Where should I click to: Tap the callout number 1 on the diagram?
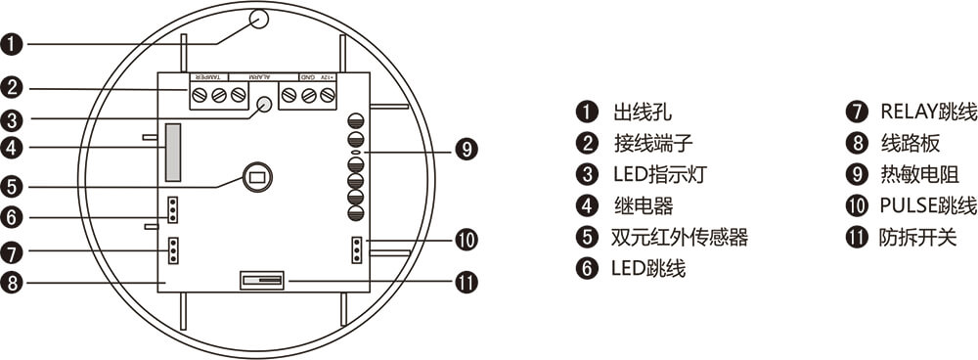tap(12, 44)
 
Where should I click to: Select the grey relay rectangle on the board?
tap(173, 153)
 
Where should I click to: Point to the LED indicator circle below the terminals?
tap(265, 105)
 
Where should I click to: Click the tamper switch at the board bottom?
tap(261, 281)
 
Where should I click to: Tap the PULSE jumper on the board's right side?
tap(356, 249)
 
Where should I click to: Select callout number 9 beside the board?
tap(467, 150)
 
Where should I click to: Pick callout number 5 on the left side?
tap(12, 185)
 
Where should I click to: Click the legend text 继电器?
tap(642, 206)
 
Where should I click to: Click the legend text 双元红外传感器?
tap(679, 238)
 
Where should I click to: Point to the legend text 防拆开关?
tap(917, 238)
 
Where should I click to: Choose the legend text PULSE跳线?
tap(928, 206)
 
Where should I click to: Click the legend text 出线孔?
tap(642, 113)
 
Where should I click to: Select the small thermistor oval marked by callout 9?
tap(355, 153)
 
